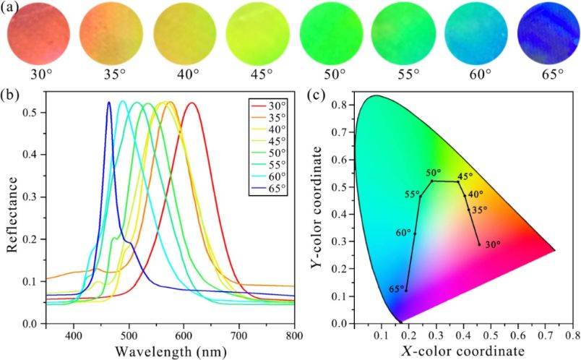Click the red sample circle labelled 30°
pyautogui.click(x=40, y=33)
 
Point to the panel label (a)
pyautogui.click(x=14, y=9)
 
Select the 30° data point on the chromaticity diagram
pyautogui.click(x=478, y=244)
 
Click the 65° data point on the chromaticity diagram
pyautogui.click(x=406, y=291)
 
